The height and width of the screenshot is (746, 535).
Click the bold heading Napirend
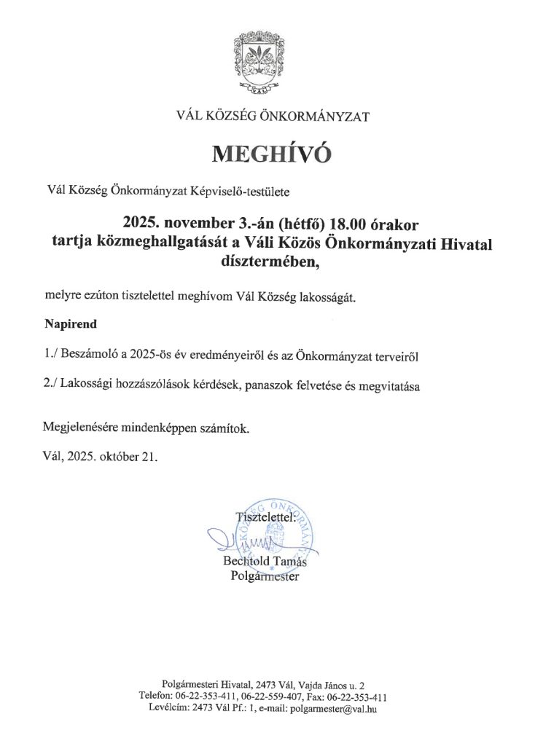coord(69,321)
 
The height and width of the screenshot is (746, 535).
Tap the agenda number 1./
coord(51,355)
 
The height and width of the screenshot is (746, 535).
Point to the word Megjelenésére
coord(81,429)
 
